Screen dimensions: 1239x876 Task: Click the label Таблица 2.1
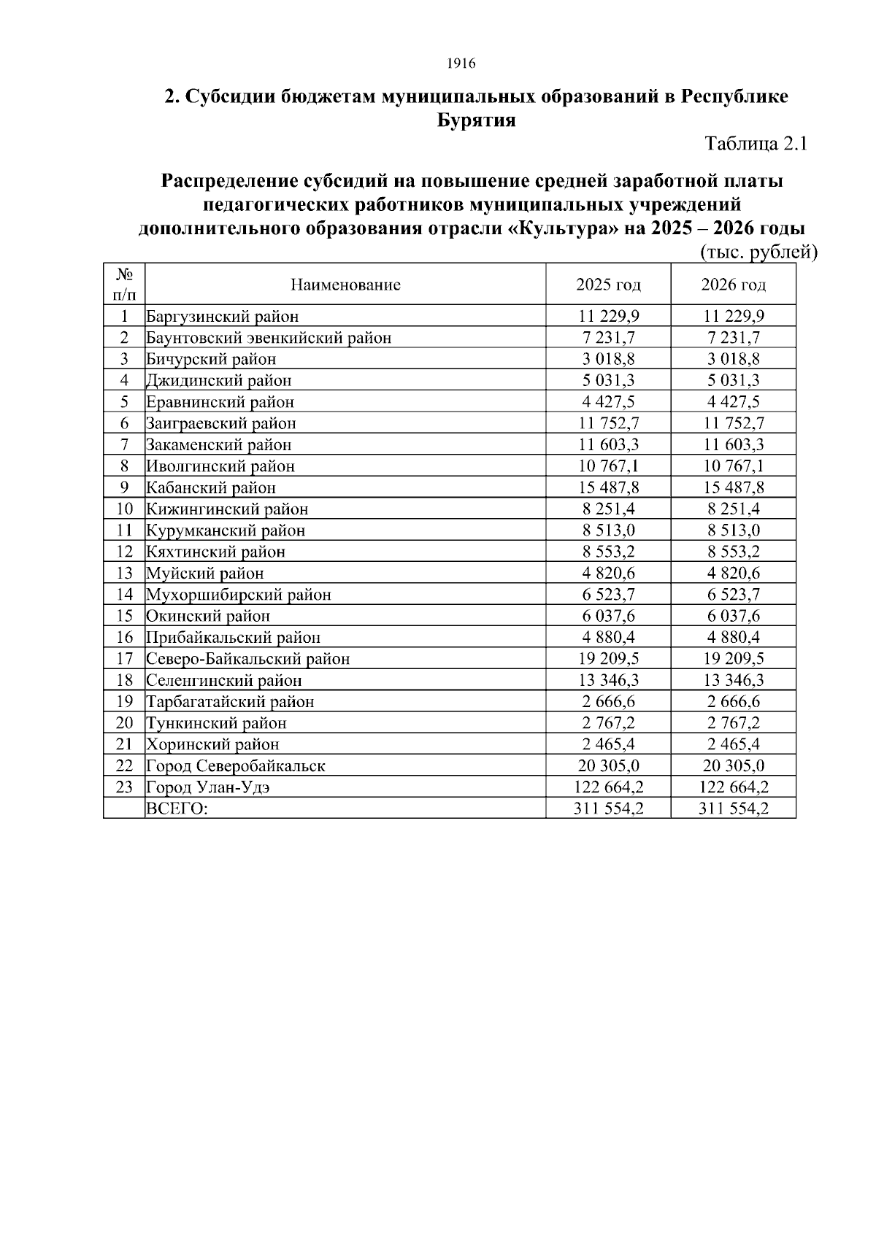pos(756,144)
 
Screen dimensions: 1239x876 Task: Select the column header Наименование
pos(345,285)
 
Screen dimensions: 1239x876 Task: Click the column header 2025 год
pos(608,285)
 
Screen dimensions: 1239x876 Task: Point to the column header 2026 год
pos(733,285)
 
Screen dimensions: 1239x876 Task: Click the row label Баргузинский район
pos(223,317)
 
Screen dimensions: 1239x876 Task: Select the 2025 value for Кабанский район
pos(608,487)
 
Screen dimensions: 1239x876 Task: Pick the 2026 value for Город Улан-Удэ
pos(733,787)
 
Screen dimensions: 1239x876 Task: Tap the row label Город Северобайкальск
pos(236,765)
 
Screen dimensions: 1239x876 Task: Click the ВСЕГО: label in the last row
pos(177,808)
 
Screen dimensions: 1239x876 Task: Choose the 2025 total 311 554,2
pos(608,808)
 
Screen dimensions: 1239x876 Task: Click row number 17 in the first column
pos(124,659)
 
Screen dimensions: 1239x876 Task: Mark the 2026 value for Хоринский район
pos(733,744)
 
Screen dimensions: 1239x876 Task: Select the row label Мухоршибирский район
pos(239,595)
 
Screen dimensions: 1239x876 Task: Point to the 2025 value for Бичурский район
pos(608,359)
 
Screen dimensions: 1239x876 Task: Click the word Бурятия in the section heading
pos(476,120)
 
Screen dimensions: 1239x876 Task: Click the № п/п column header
pos(124,285)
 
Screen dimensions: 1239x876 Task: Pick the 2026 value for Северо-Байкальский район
pos(733,659)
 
